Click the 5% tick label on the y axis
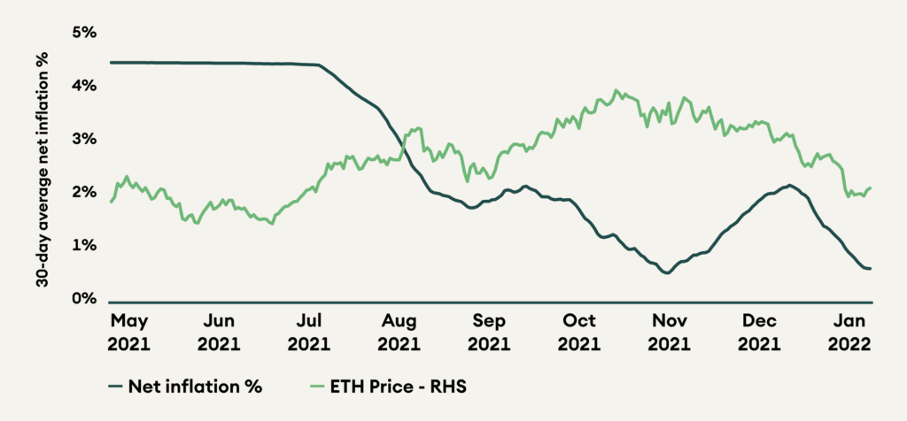pyautogui.click(x=83, y=34)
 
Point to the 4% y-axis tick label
pyautogui.click(x=83, y=87)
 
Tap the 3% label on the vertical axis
pyautogui.click(x=83, y=140)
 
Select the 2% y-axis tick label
pyautogui.click(x=83, y=193)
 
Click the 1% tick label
pyautogui.click(x=83, y=246)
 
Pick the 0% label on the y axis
pyautogui.click(x=83, y=299)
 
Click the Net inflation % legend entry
pyautogui.click(x=187, y=386)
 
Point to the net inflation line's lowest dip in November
pyautogui.click(x=667, y=273)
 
